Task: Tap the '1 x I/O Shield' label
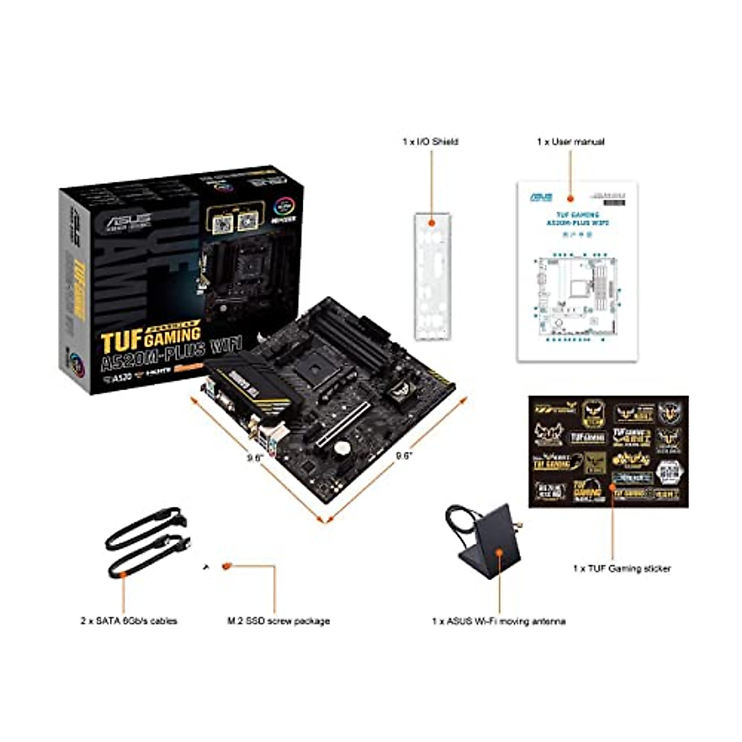click(x=430, y=142)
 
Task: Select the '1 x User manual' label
click(x=570, y=142)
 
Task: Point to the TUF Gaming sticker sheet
click(x=608, y=451)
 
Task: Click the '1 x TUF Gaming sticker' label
click(x=621, y=568)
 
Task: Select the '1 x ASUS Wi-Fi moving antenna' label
click(x=498, y=621)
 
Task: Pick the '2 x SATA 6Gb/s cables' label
click(x=129, y=620)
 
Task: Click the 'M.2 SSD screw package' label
click(x=278, y=620)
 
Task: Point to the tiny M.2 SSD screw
click(x=207, y=565)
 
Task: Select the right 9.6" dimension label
click(x=404, y=456)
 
